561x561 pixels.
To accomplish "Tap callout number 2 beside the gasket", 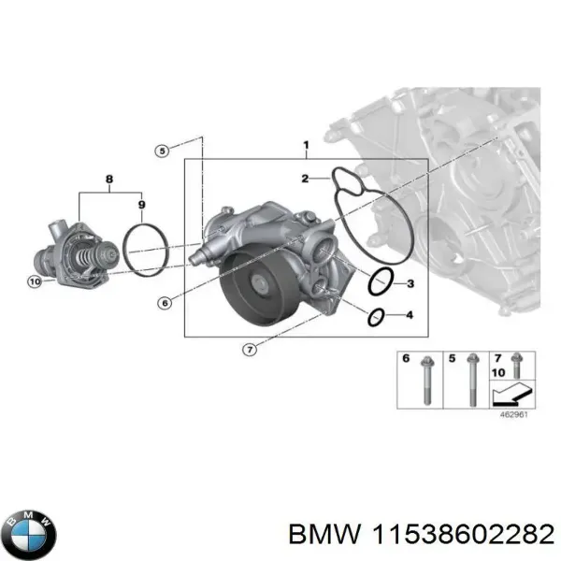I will point(305,178).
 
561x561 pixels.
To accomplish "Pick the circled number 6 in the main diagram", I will point(165,302).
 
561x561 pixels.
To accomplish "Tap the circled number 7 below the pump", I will point(249,350).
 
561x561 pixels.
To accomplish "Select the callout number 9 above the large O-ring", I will point(140,204).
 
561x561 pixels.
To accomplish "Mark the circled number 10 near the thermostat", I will point(35,281).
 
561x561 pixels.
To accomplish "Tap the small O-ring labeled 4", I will point(376,317).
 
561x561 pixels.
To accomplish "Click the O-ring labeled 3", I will point(380,280).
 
